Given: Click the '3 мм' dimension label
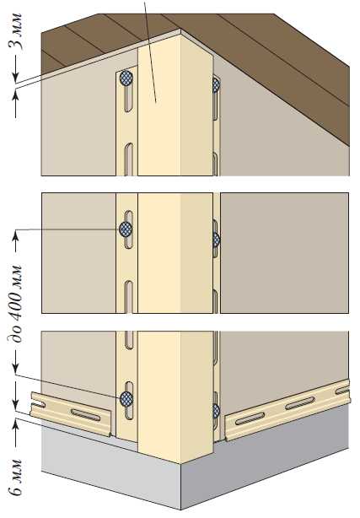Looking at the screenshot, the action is pyautogui.click(x=16, y=32).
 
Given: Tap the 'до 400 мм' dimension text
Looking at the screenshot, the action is pyautogui.click(x=16, y=304).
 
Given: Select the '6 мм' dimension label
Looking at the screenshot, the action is pyautogui.click(x=16, y=478).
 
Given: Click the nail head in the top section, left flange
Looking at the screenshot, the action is pyautogui.click(x=126, y=78).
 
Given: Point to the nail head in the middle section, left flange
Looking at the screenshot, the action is pyautogui.click(x=126, y=229).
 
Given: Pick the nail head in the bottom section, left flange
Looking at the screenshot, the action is pyautogui.click(x=126, y=399).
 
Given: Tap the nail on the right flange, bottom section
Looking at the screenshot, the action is pyautogui.click(x=217, y=411).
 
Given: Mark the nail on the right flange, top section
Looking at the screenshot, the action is pyautogui.click(x=217, y=84).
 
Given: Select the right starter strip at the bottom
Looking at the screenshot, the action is pyautogui.click(x=287, y=410).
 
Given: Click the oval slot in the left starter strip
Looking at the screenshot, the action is pyautogui.click(x=85, y=414).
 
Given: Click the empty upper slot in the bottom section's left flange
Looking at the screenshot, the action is pyautogui.click(x=129, y=340).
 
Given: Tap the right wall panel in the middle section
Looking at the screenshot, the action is pyautogui.click(x=284, y=253).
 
